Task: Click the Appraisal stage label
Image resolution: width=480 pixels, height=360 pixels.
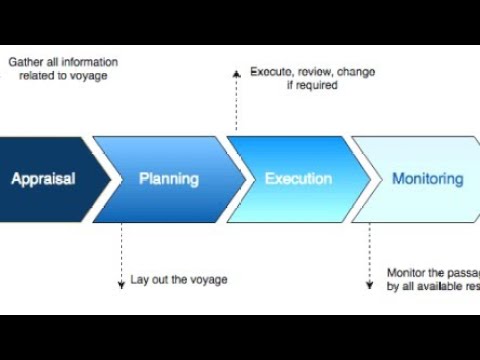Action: coord(43,180)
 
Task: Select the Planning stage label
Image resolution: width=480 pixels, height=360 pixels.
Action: coord(168,180)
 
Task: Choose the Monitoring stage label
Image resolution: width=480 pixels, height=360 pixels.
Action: coord(427,180)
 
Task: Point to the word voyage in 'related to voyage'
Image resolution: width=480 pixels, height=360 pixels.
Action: coord(87,75)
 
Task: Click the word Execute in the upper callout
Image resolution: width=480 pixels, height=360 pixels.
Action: coord(270,72)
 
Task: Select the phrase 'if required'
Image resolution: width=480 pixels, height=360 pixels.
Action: coord(310,86)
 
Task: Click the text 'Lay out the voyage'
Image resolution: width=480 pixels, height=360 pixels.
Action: coord(179,279)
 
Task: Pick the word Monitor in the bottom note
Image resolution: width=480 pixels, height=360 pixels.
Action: coord(408,273)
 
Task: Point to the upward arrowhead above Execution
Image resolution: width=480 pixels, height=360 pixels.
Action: coord(236,73)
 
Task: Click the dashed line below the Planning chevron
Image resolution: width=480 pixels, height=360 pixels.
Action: coord(122,250)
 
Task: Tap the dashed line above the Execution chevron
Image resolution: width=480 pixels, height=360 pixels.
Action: coord(236,105)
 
